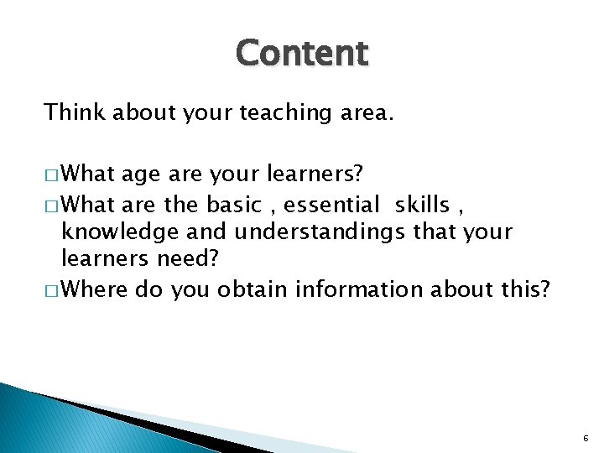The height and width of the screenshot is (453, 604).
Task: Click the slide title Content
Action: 302,54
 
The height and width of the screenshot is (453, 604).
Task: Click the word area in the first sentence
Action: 363,112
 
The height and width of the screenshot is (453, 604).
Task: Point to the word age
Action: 141,174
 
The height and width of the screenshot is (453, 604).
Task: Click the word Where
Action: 93,289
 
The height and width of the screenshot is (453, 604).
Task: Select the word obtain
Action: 247,289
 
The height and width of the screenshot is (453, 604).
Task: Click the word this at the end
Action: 527,289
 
